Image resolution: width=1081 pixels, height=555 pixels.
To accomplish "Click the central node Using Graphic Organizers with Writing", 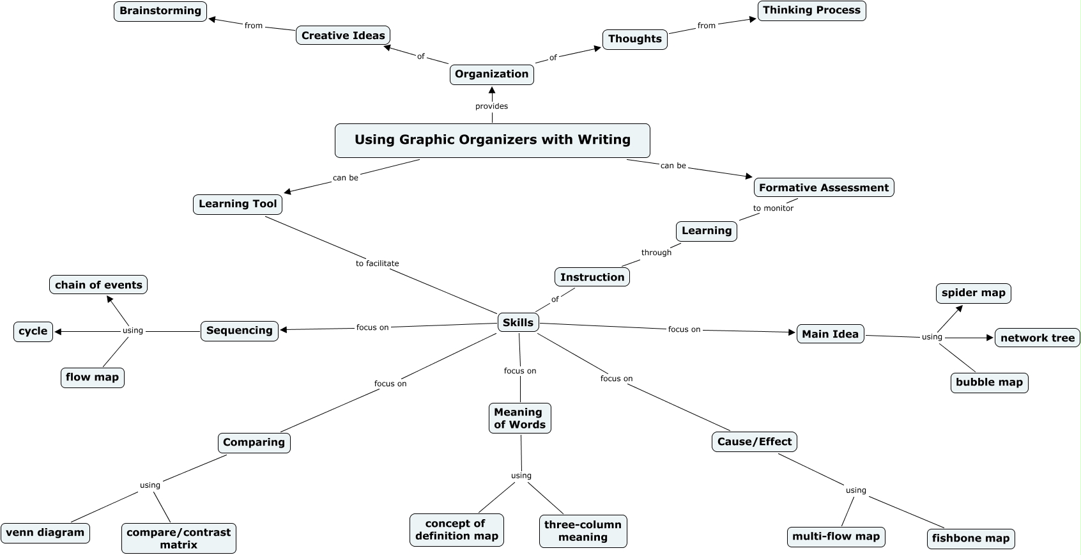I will click(492, 140).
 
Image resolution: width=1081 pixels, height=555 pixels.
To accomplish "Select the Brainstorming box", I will click(160, 12).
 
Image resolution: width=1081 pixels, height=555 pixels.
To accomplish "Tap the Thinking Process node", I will click(811, 10).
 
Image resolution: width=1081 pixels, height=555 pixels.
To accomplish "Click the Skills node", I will click(517, 323).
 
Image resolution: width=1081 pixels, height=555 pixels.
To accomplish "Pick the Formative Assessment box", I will click(824, 187).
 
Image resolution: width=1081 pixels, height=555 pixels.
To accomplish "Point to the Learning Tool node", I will click(238, 204).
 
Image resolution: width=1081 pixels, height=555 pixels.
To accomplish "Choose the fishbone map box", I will click(970, 538).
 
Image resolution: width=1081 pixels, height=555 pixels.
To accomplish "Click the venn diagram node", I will click(45, 533).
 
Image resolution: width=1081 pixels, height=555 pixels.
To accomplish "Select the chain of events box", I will click(98, 285).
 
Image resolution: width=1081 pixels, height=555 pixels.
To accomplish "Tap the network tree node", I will click(1037, 338).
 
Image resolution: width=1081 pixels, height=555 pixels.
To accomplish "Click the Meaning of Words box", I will click(519, 418).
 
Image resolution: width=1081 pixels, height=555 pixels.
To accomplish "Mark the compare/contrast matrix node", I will click(178, 538).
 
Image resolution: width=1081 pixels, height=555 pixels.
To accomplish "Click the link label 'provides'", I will click(491, 106).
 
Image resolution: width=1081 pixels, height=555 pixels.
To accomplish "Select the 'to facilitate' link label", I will click(377, 263).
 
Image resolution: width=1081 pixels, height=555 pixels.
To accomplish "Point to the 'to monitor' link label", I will click(772, 208).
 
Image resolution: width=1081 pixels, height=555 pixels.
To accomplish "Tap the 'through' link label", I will click(656, 253).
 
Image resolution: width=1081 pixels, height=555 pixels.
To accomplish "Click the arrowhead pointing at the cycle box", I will click(58, 332).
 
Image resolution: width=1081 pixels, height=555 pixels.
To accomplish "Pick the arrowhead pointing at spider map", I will click(958, 309).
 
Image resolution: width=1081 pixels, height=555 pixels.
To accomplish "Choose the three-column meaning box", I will click(583, 531).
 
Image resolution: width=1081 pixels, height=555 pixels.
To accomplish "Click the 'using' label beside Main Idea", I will click(931, 337).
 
